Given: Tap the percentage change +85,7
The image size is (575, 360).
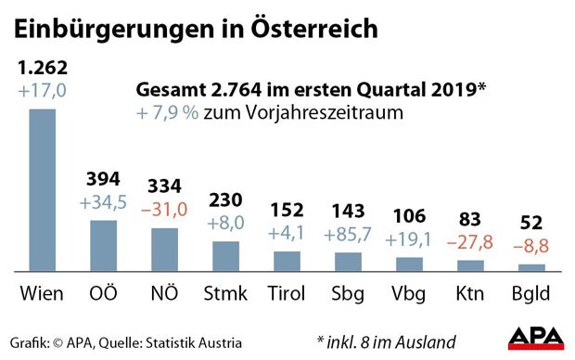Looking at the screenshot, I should (348, 233).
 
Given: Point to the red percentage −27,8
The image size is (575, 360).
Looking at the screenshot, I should (469, 241).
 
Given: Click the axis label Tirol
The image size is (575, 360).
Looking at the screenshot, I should (286, 295).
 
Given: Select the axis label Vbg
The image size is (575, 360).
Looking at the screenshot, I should (408, 295).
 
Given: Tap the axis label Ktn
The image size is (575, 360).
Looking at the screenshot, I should (469, 295).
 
